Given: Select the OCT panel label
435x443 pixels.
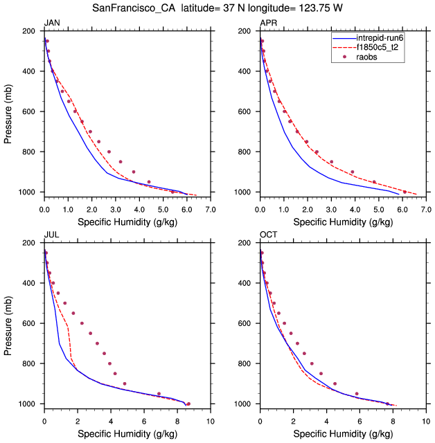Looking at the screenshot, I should (268, 235).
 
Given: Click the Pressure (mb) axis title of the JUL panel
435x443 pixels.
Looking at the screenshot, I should (8, 324).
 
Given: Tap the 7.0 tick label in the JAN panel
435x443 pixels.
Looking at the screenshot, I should (211, 208).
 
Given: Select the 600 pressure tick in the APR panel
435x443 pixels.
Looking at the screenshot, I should (247, 111).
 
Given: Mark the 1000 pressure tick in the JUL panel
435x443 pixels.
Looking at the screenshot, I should (28, 404).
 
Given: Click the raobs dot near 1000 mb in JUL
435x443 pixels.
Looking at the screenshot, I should (188, 404).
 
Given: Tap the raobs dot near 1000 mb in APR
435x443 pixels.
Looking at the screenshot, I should (405, 192).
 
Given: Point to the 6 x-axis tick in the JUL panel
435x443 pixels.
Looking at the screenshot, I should (144, 420).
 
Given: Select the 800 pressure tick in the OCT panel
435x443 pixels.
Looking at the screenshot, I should (247, 363).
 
